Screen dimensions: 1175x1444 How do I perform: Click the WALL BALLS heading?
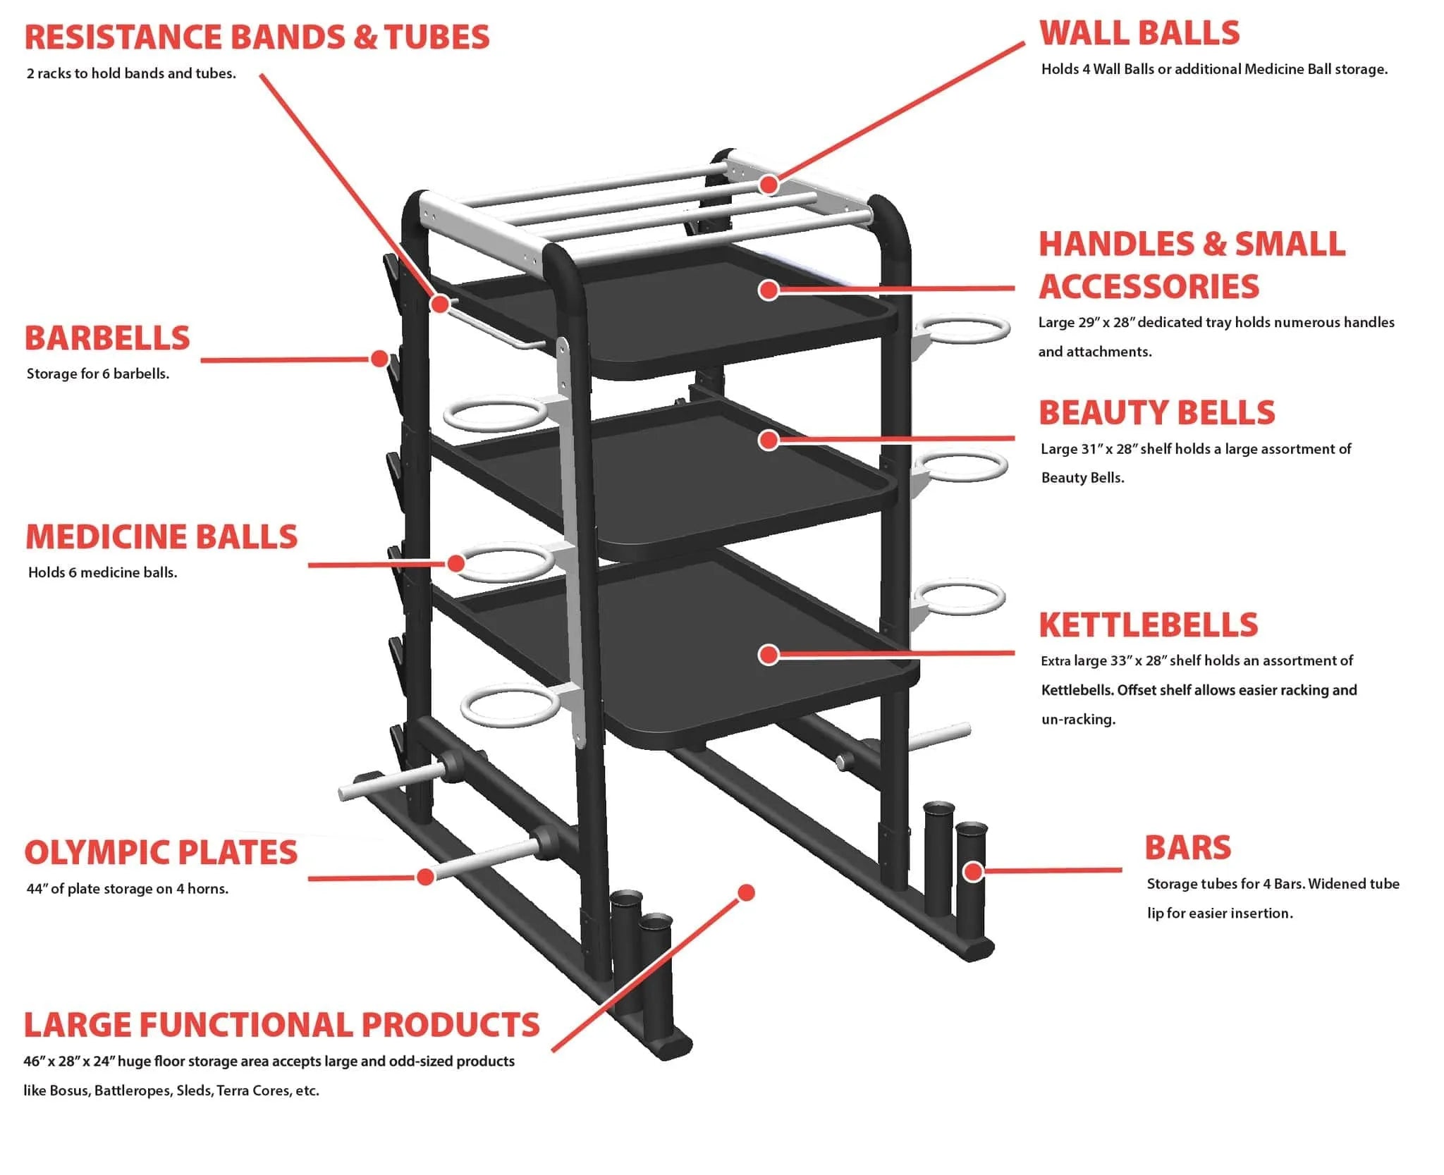pyautogui.click(x=1139, y=34)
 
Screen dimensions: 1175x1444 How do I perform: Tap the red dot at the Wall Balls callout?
pyautogui.click(x=769, y=185)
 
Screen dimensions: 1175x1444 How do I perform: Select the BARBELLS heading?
pyautogui.click(x=107, y=338)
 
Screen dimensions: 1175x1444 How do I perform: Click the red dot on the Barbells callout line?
pyautogui.click(x=380, y=359)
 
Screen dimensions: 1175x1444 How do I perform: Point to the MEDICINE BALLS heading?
pyautogui.click(x=161, y=537)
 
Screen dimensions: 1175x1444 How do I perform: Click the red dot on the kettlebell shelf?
pyautogui.click(x=769, y=654)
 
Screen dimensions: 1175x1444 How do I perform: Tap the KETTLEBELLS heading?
pyautogui.click(x=1149, y=625)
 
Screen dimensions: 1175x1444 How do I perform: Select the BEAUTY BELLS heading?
pyautogui.click(x=1157, y=413)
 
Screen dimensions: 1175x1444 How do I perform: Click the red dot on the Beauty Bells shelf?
pyautogui.click(x=769, y=440)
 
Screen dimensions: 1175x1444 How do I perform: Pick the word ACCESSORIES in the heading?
pyautogui.click(x=1149, y=287)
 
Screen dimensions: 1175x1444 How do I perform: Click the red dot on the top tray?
pyautogui.click(x=769, y=289)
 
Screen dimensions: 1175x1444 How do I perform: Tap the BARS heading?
pyautogui.click(x=1187, y=848)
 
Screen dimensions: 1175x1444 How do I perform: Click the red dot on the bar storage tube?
pyautogui.click(x=973, y=871)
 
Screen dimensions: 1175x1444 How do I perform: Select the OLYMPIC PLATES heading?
pyautogui.click(x=161, y=853)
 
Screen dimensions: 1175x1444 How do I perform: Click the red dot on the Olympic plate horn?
pyautogui.click(x=425, y=876)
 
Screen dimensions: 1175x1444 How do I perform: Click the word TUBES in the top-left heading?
pyautogui.click(x=437, y=37)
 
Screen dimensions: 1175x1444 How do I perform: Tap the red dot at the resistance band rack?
pyautogui.click(x=440, y=304)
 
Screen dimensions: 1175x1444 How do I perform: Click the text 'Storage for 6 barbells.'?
pyautogui.click(x=98, y=374)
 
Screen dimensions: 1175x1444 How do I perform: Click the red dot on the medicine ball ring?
pyautogui.click(x=456, y=563)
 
